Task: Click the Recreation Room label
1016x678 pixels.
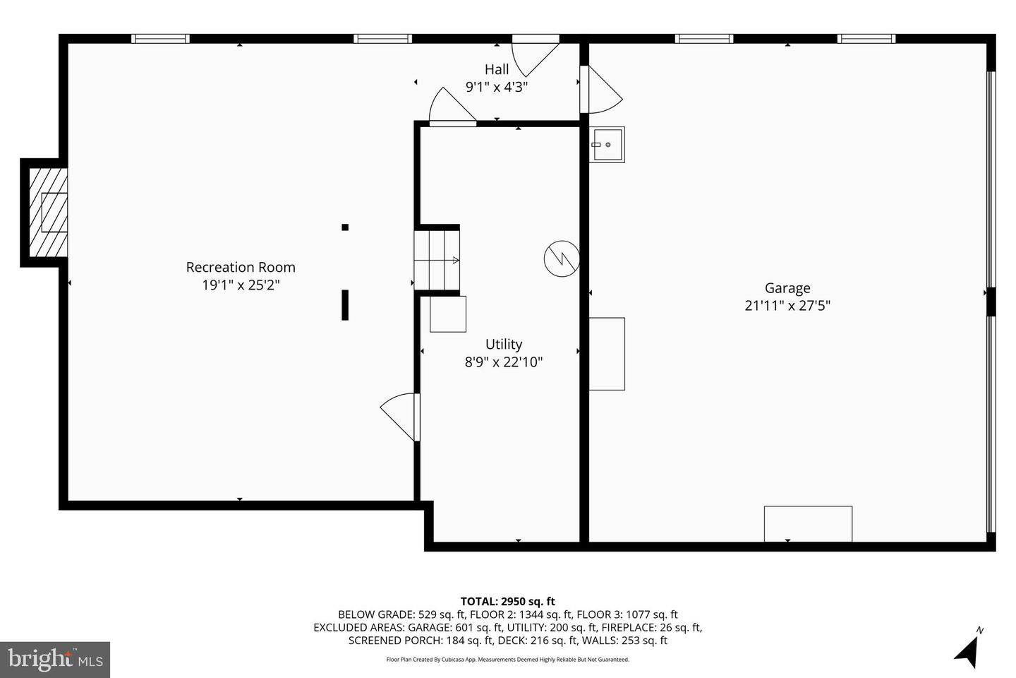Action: click(241, 267)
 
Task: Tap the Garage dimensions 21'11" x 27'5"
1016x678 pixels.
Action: click(787, 305)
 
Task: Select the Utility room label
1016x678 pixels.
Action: click(504, 344)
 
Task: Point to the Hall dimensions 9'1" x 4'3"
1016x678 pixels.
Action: click(497, 86)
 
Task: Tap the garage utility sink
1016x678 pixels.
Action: click(607, 144)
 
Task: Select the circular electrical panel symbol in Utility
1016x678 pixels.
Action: click(562, 258)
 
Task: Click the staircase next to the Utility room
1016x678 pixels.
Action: click(437, 260)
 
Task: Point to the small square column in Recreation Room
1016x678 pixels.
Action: click(345, 227)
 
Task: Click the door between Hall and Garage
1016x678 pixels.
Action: click(601, 90)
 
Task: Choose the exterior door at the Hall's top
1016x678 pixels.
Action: click(536, 55)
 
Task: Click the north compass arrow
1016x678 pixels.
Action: click(968, 652)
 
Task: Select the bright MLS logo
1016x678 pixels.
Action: click(55, 660)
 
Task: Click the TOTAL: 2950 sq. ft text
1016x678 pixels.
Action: click(507, 601)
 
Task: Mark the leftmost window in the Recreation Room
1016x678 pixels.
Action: click(161, 39)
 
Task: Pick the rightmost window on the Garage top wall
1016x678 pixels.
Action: click(866, 39)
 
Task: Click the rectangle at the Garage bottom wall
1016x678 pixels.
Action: click(808, 523)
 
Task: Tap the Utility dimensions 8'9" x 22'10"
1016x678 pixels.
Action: click(504, 362)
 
